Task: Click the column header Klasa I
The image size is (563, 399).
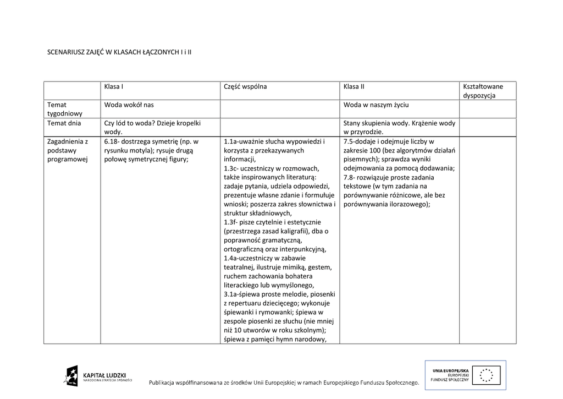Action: (x=113, y=86)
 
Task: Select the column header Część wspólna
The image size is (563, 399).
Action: (x=245, y=86)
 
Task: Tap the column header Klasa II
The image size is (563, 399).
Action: (x=354, y=86)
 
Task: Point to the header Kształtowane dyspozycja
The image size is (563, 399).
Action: (x=483, y=91)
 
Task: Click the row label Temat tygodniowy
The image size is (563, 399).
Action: (x=64, y=109)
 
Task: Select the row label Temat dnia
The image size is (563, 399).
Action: (x=64, y=123)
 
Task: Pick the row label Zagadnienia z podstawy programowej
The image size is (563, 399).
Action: (x=68, y=150)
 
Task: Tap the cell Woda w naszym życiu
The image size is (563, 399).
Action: (x=376, y=105)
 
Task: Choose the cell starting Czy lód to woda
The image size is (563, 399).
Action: (x=152, y=128)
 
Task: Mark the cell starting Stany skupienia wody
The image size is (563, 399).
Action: (x=399, y=128)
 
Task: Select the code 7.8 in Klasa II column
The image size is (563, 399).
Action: (x=351, y=177)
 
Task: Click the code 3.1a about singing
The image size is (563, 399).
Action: (x=233, y=294)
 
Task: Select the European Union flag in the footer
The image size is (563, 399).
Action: (x=486, y=374)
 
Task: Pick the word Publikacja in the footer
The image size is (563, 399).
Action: (x=167, y=382)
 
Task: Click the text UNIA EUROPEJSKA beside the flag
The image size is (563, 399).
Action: (x=450, y=370)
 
